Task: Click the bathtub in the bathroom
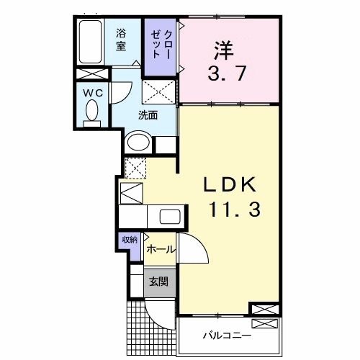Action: pyautogui.click(x=91, y=42)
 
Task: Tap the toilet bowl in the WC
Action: pyautogui.click(x=92, y=113)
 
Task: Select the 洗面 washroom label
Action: pyautogui.click(x=148, y=113)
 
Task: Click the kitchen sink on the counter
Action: pyautogui.click(x=171, y=217)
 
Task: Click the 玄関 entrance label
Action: pyautogui.click(x=158, y=281)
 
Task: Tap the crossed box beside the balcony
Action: pyautogui.click(x=263, y=310)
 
